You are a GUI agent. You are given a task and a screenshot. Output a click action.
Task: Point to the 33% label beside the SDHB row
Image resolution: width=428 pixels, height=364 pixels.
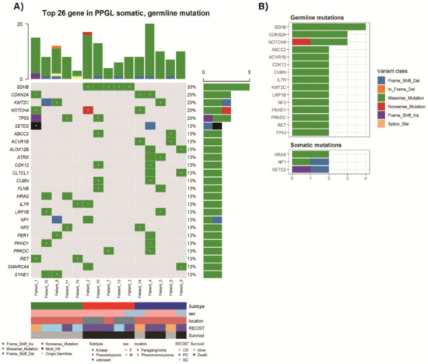point(191,86)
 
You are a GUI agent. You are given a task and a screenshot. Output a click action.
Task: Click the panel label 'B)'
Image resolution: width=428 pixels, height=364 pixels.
point(261,7)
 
